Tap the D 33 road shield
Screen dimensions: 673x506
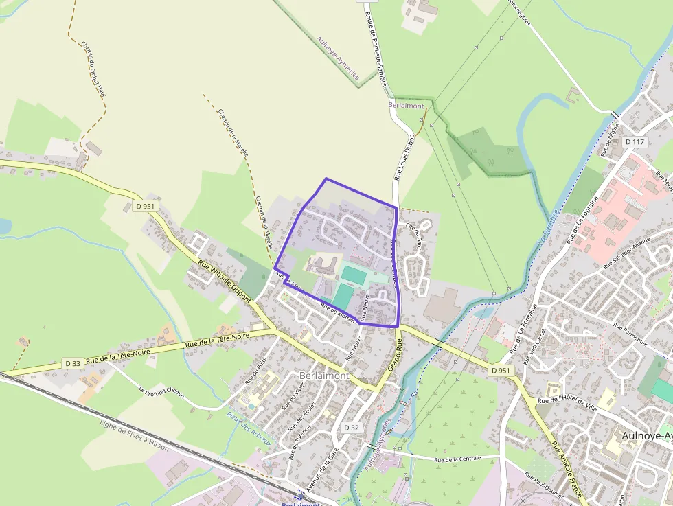coord(73,363)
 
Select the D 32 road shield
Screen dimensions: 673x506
coord(352,428)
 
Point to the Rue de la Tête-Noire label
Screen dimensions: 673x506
coord(218,341)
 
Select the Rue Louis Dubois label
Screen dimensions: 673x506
coord(404,157)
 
